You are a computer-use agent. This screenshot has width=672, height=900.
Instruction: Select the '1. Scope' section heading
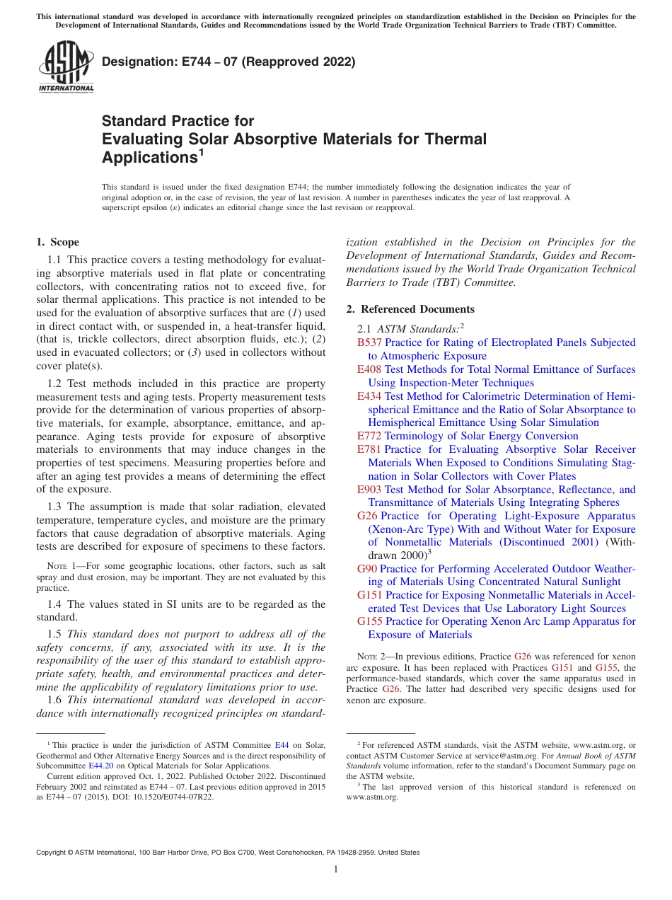pyautogui.click(x=58, y=242)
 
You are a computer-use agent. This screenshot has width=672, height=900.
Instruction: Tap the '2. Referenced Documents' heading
pyautogui.click(x=410, y=309)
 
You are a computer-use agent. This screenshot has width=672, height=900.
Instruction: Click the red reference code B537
pyautogui.click(x=369, y=342)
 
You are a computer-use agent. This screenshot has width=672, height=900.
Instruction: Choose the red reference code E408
pyautogui.click(x=369, y=369)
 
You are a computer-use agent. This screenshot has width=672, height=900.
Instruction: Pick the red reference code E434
pyautogui.click(x=369, y=396)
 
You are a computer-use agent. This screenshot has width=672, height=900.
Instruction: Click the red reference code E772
pyautogui.click(x=369, y=436)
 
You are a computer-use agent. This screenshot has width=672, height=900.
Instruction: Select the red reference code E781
pyautogui.click(x=369, y=449)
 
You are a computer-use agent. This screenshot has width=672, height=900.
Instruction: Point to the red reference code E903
pyautogui.click(x=369, y=490)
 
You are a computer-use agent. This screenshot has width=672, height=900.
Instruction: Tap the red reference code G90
pyautogui.click(x=367, y=569)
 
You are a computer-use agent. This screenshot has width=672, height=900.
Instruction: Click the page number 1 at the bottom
pyautogui.click(x=336, y=869)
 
